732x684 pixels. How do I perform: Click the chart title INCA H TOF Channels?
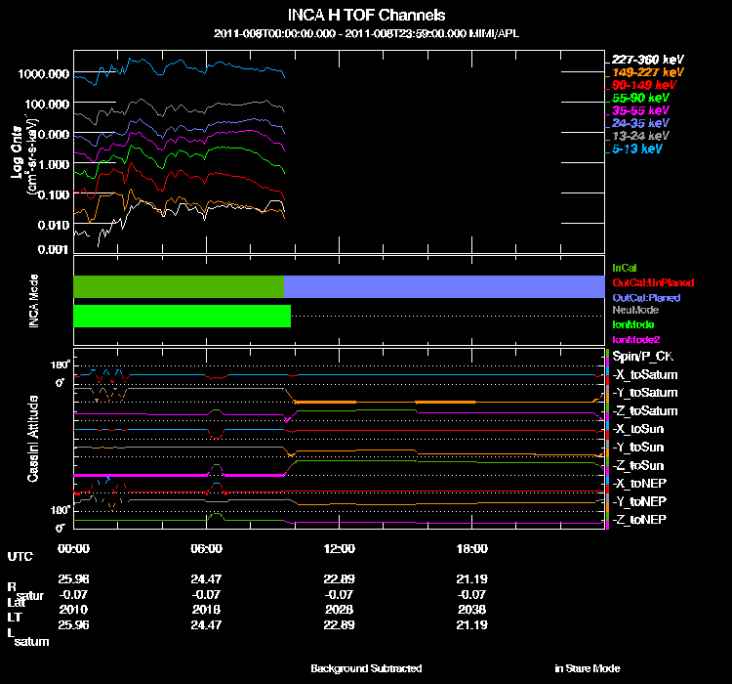click(x=367, y=15)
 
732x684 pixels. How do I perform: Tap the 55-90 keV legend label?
click(x=639, y=98)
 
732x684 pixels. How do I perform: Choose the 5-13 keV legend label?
click(x=637, y=150)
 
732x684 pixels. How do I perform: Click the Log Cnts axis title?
click(x=17, y=161)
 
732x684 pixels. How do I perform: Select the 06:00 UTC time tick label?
click(x=207, y=548)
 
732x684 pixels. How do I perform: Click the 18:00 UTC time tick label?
click(x=471, y=548)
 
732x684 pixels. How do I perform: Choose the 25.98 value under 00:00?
click(x=74, y=578)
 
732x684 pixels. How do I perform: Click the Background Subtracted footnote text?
click(x=366, y=668)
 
